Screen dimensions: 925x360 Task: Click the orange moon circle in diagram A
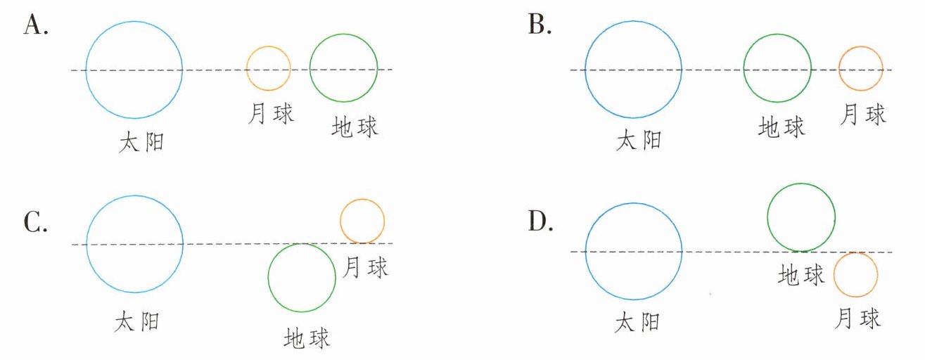coord(268,68)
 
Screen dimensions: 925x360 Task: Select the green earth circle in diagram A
coord(343,68)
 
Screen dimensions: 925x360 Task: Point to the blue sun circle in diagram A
coord(134,70)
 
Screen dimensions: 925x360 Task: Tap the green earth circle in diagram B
coord(778,70)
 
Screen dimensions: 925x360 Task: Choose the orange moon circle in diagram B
coord(861,69)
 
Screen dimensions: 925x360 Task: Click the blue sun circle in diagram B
coord(633,70)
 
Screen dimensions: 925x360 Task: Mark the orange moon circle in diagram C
coord(362,221)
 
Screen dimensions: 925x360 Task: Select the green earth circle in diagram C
coord(302,277)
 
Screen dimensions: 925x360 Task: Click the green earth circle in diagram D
coord(801,217)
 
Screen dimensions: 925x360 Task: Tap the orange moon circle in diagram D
coord(855,274)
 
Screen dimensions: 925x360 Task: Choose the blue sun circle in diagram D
coord(633,251)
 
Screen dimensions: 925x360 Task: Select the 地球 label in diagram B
coord(782,127)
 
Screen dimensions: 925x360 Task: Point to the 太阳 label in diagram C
coord(136,321)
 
